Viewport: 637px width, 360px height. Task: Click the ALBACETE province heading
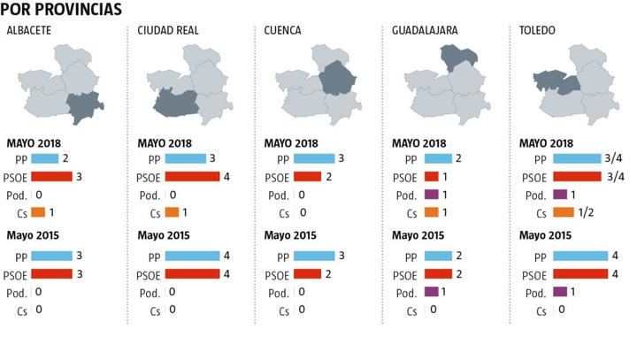click(x=28, y=31)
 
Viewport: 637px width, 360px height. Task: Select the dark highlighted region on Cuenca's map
click(x=336, y=78)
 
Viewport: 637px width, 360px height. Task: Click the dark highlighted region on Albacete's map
click(x=84, y=107)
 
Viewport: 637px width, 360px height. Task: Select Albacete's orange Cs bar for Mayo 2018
click(x=38, y=212)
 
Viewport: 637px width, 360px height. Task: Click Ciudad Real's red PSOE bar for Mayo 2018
click(x=191, y=176)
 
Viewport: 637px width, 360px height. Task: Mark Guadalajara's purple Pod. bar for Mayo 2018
click(x=432, y=195)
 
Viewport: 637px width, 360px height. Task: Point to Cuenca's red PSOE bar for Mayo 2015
click(x=308, y=273)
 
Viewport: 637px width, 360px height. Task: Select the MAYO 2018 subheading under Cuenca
click(x=291, y=143)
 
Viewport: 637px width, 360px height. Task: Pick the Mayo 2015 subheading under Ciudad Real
click(x=165, y=235)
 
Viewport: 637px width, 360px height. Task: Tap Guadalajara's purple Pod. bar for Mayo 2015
click(x=432, y=292)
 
